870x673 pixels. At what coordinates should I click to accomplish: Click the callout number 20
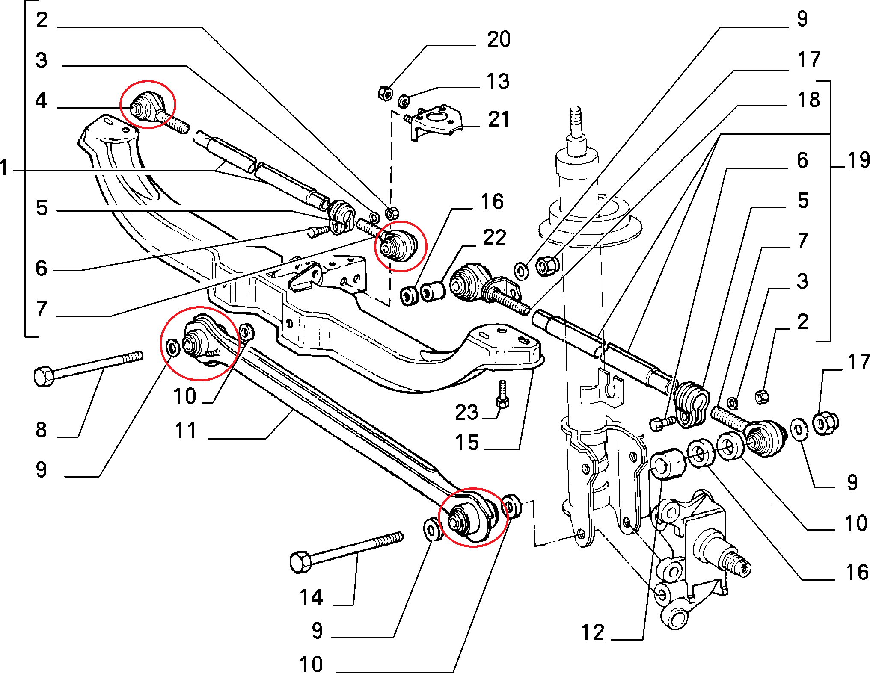point(499,40)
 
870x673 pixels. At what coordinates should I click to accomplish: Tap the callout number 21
point(499,119)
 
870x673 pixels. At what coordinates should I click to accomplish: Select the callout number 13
point(498,82)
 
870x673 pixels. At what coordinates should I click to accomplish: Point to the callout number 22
point(494,238)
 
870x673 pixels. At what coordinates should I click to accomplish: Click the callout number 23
point(466,413)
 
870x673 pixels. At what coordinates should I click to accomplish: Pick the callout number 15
point(466,443)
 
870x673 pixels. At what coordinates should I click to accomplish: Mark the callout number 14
point(311,597)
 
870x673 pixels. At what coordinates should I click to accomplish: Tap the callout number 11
point(185,431)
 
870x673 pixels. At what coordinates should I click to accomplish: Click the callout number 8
point(41,430)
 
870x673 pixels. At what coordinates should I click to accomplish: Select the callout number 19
point(858,161)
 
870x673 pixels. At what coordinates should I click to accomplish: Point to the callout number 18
point(808,100)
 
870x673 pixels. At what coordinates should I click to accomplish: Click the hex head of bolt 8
point(43,377)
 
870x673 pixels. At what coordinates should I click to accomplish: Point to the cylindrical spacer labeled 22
point(433,292)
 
